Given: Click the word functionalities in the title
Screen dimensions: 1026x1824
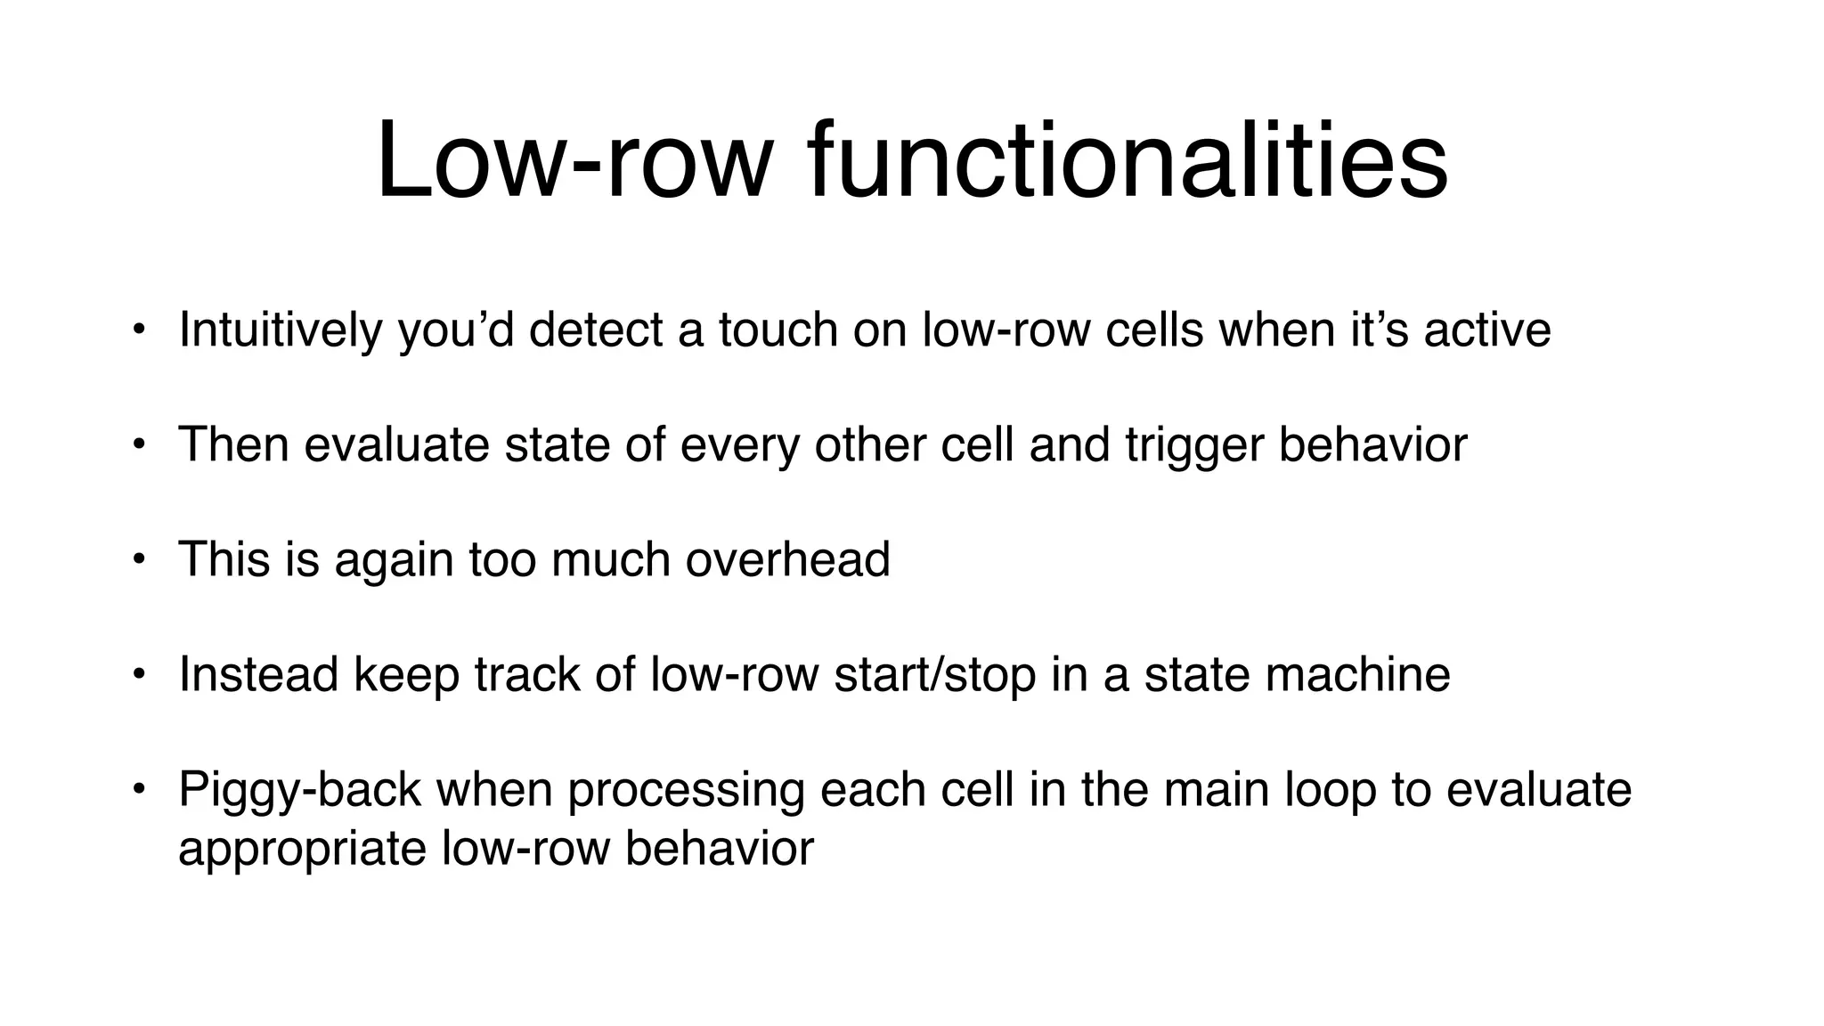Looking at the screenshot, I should pyautogui.click(x=1128, y=163).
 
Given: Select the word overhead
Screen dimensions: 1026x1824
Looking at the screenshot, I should pyautogui.click(x=787, y=559).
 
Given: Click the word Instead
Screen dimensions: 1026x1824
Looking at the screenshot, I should pyautogui.click(x=259, y=674).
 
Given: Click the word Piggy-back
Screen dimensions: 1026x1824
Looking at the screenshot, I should pyautogui.click(x=299, y=790).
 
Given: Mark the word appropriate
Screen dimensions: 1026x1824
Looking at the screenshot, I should pyautogui.click(x=302, y=849).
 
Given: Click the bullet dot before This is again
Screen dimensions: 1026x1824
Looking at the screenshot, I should pyautogui.click(x=137, y=559).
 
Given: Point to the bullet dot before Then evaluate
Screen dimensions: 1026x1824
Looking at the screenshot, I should pyautogui.click(x=137, y=444).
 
